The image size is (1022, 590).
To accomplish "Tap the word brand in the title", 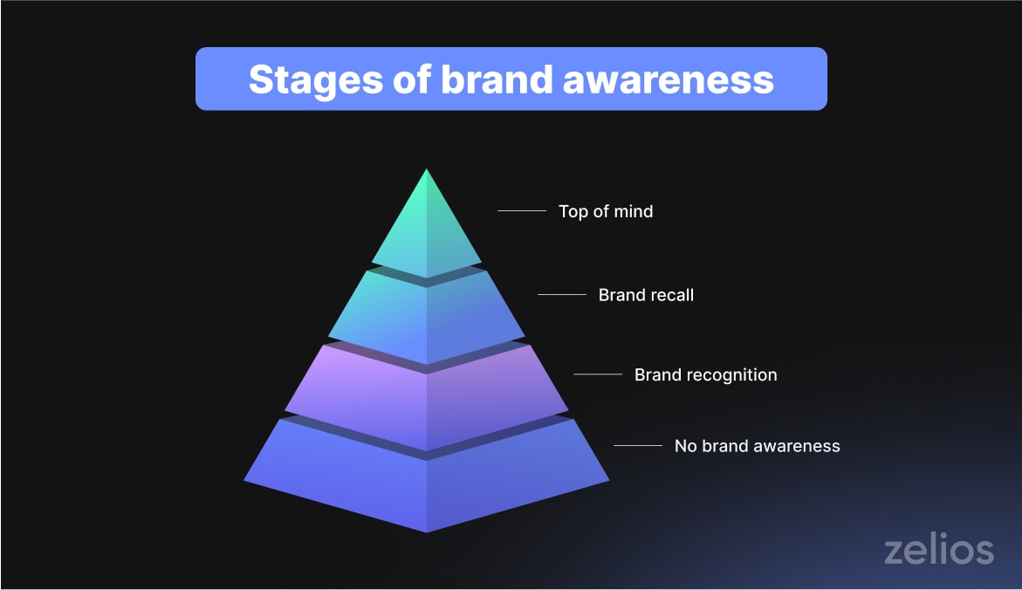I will pyautogui.click(x=495, y=79).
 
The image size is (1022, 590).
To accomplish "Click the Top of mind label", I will pyautogui.click(x=606, y=211).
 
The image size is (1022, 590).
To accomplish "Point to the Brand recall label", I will pyautogui.click(x=646, y=295).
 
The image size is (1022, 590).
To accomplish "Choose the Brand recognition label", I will pyautogui.click(x=705, y=375).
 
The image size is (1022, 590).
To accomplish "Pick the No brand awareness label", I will pyautogui.click(x=757, y=446).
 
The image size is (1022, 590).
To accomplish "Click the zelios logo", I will pyautogui.click(x=938, y=551).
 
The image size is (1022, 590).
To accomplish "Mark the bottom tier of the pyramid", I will pyautogui.click(x=426, y=480).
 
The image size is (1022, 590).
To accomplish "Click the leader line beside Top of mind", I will pyautogui.click(x=521, y=211).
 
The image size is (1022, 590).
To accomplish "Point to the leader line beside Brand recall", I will pyautogui.click(x=561, y=295).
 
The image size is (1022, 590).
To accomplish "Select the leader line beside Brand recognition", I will pyautogui.click(x=597, y=375).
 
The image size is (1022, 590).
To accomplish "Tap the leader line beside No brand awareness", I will pyautogui.click(x=637, y=446).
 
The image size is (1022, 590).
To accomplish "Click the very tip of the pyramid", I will pyautogui.click(x=426, y=171).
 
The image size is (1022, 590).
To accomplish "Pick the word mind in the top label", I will pyautogui.click(x=633, y=211).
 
